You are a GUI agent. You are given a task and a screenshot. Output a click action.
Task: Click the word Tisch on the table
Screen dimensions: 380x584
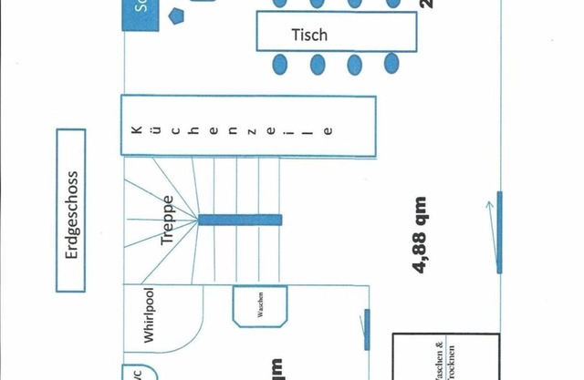309,36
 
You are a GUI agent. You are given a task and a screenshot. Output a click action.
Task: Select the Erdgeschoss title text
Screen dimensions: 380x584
71,215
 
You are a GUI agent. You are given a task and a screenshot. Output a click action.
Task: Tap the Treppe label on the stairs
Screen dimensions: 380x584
168,221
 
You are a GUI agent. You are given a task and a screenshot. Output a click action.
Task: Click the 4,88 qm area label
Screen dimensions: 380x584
421,235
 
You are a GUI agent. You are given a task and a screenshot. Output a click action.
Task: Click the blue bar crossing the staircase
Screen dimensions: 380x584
239,219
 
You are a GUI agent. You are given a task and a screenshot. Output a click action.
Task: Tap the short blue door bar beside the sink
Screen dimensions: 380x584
367,329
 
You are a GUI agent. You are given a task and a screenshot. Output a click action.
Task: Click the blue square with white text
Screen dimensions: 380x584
141,14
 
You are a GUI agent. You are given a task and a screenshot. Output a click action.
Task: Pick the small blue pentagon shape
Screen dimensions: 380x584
176,19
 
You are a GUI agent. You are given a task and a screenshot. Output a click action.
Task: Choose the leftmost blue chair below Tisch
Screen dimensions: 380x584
280,65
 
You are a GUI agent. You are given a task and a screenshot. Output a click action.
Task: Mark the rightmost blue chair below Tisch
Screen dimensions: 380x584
391,64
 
